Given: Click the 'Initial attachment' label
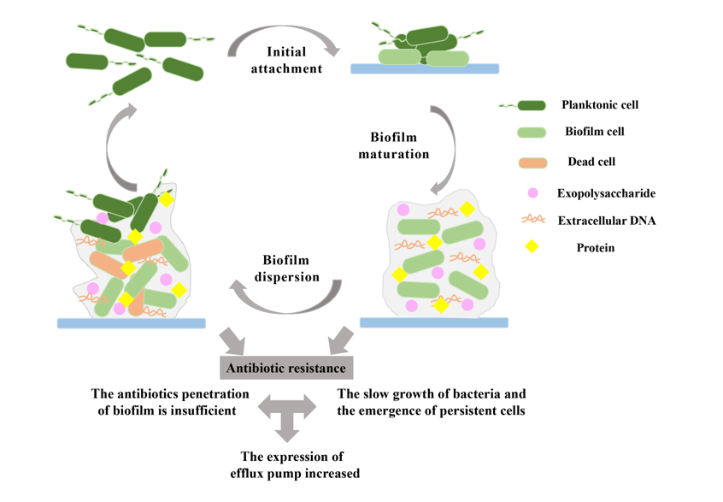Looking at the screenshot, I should pyautogui.click(x=286, y=60).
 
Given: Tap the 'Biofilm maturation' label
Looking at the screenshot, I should pyautogui.click(x=399, y=145).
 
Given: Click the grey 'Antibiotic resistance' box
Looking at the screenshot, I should pyautogui.click(x=286, y=369).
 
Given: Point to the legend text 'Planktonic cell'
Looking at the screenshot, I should pyautogui.click(x=600, y=105).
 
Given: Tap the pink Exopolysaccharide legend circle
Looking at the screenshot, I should pyautogui.click(x=532, y=192).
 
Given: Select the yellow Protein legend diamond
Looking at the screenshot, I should pyautogui.click(x=532, y=247).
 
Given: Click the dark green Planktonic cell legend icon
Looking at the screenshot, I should pyautogui.click(x=530, y=105).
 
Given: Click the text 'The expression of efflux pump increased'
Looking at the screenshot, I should pyautogui.click(x=292, y=464).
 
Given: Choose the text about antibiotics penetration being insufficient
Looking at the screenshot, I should pyautogui.click(x=170, y=402).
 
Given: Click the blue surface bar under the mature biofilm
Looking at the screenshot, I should pyautogui.click(x=433, y=322).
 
